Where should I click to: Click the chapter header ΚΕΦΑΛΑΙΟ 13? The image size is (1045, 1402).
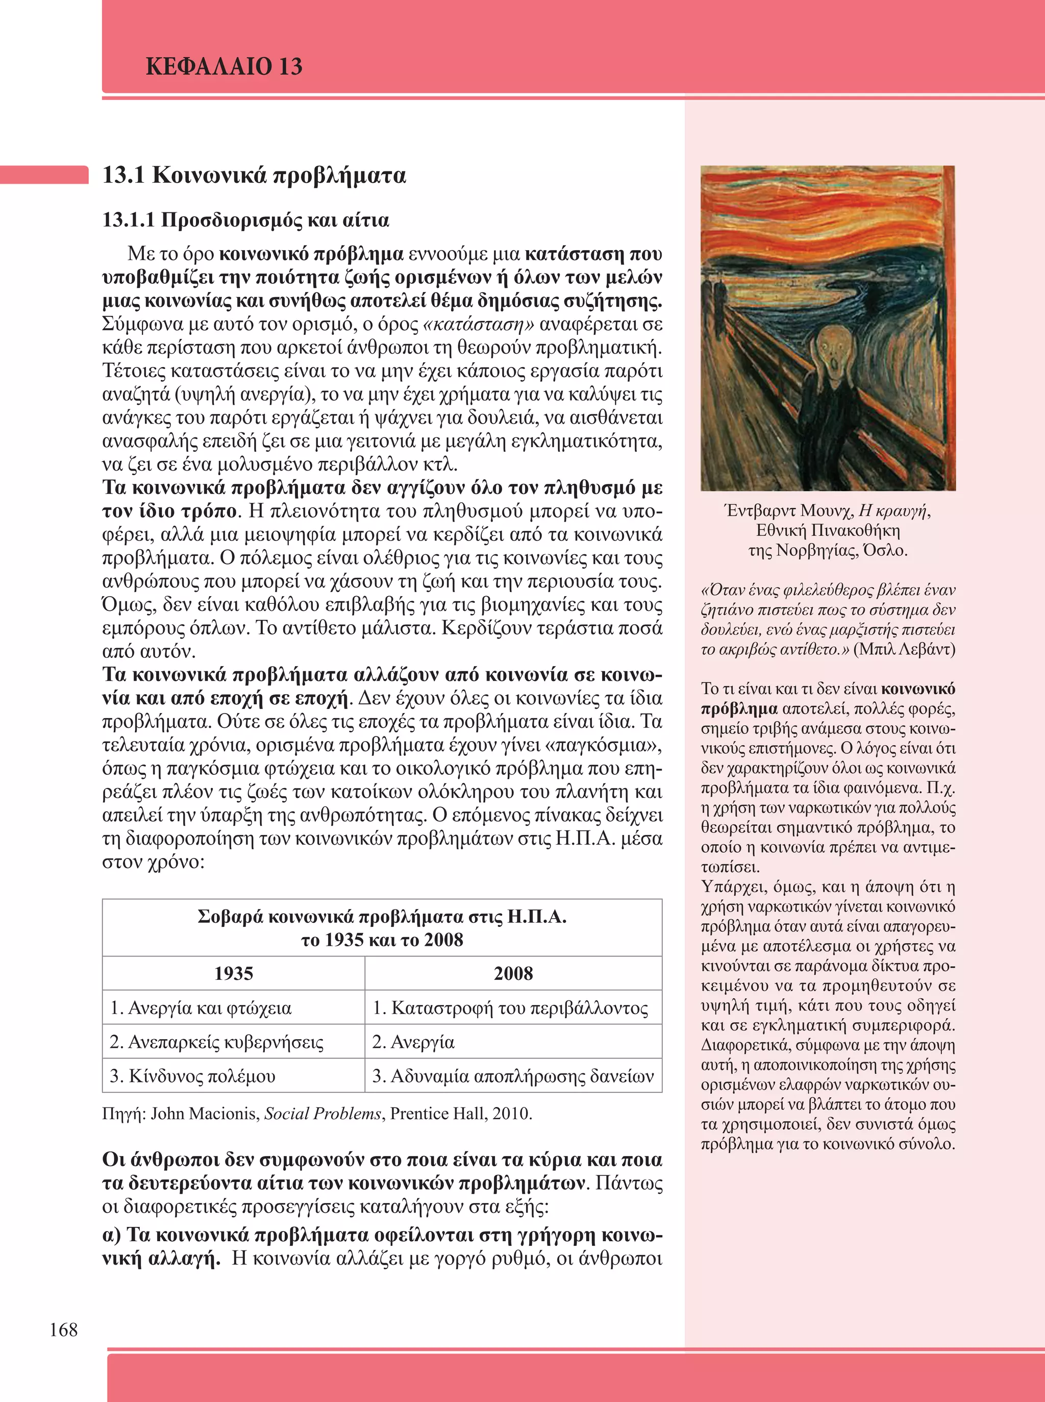224,66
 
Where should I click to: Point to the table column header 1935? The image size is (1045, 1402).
233,973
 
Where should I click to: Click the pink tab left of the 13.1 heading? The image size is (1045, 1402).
44,175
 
